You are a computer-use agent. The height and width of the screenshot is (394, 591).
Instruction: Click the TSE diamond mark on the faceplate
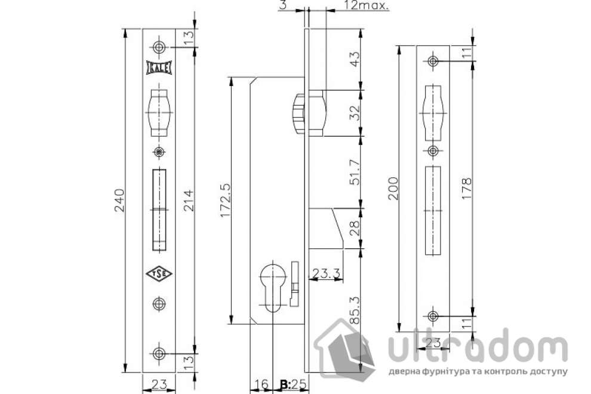pos(159,274)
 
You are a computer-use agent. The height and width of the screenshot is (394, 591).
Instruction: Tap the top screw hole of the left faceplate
pos(159,47)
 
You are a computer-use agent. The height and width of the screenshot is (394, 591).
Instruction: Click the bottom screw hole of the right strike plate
pos(433,316)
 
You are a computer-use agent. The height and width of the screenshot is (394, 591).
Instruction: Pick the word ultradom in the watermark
pos(475,350)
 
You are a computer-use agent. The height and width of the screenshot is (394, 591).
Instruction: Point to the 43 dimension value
pos(353,59)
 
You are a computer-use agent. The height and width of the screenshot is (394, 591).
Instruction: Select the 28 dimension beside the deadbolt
pos(353,227)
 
